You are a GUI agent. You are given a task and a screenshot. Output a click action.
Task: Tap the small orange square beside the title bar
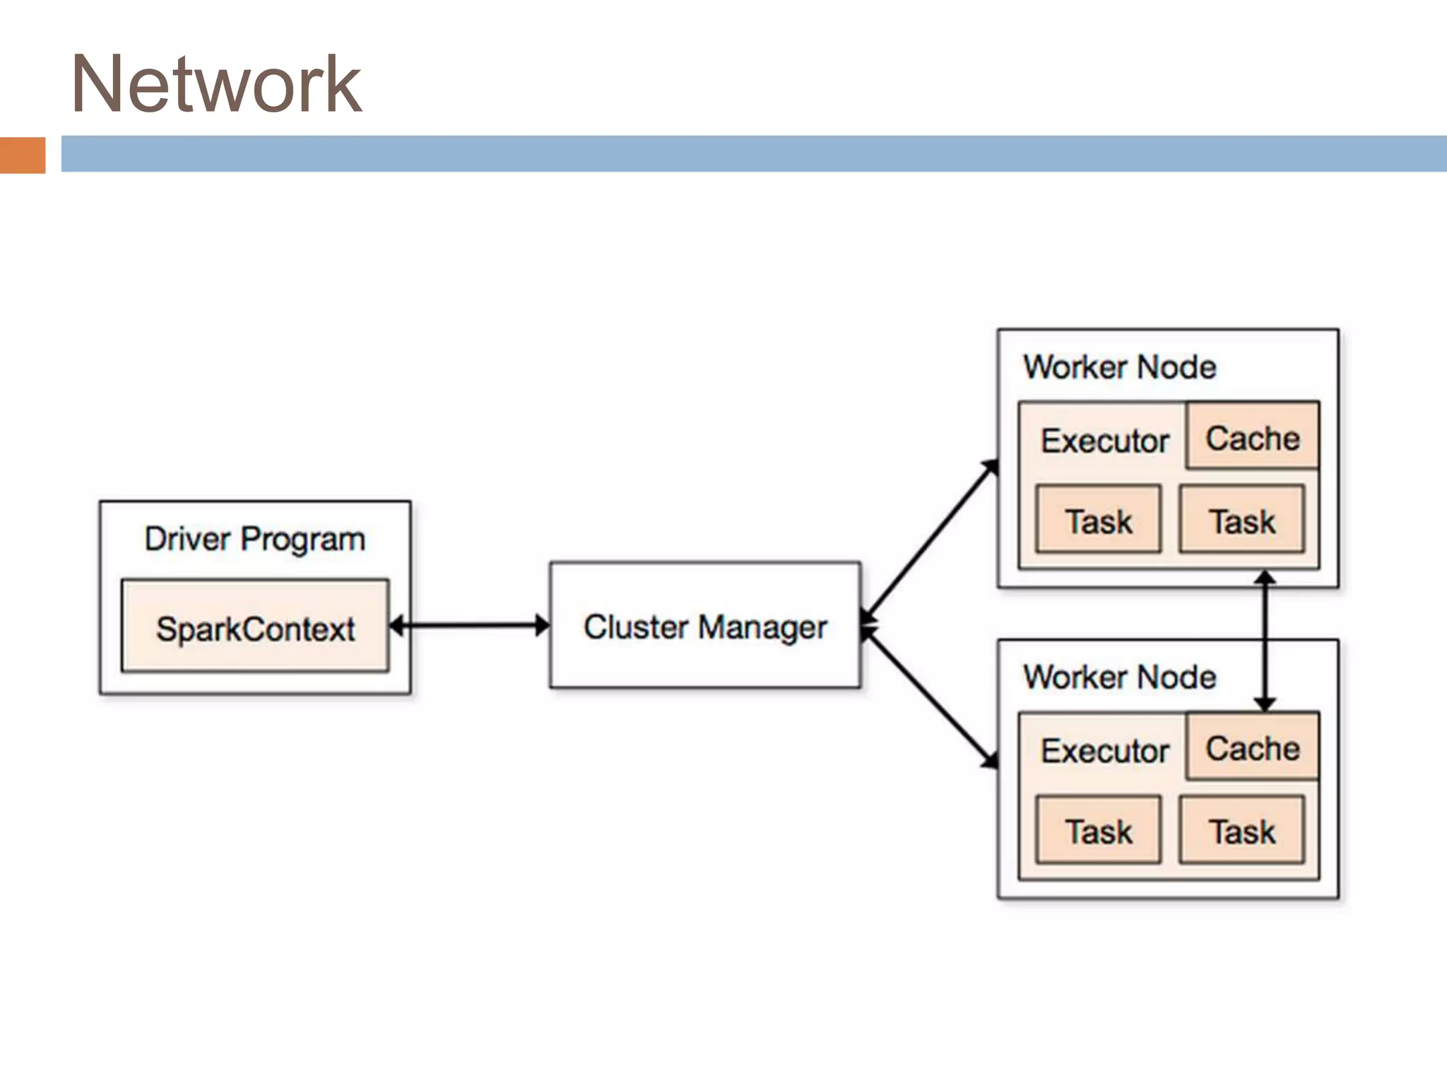23,155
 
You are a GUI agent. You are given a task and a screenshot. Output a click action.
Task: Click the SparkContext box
255,627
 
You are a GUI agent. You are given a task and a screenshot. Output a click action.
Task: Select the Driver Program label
255,539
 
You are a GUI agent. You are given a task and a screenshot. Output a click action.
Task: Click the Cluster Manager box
705,626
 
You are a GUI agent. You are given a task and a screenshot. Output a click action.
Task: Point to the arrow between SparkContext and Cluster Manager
470,625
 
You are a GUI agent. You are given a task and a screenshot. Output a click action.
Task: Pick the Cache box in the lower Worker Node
1253,748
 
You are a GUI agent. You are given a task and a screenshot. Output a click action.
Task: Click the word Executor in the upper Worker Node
1105,441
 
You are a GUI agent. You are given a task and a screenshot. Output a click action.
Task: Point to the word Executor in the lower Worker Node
1105,751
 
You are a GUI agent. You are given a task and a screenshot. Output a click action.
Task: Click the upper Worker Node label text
1120,367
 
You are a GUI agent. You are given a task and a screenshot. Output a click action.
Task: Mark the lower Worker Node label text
1120,677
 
